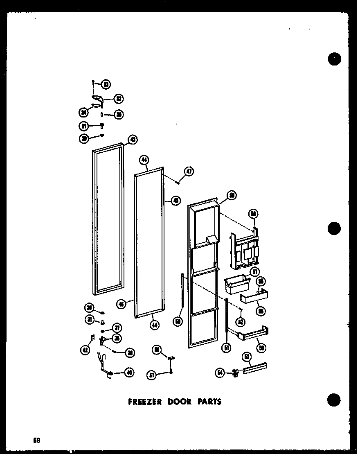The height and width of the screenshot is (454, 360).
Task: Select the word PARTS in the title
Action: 208,402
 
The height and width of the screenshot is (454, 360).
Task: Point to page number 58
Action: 37,440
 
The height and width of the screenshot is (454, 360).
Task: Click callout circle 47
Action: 189,171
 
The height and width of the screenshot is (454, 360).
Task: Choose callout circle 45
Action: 176,201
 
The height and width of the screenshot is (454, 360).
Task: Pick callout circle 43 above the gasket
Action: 133,140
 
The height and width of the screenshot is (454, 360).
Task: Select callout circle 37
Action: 118,328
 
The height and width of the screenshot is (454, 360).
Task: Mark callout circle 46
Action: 122,304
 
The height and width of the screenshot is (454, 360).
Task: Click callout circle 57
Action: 255,271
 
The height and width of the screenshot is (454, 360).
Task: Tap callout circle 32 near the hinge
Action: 119,99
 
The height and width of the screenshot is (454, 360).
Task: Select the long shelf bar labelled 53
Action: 255,368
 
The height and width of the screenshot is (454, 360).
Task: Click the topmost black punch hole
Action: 334,59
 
